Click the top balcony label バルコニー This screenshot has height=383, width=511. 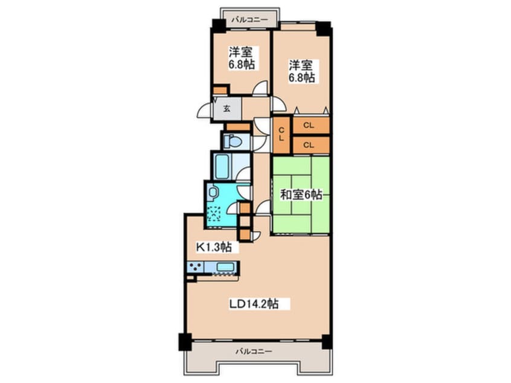click(249, 20)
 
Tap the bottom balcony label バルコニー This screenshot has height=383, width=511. click(254, 352)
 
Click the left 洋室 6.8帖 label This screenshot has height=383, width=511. click(241, 58)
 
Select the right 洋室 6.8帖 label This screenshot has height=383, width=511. click(301, 71)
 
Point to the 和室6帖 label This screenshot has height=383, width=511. click(301, 195)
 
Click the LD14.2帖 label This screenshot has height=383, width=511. click(254, 304)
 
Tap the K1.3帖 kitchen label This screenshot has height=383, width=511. click(214, 247)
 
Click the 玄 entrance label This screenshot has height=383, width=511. click(227, 109)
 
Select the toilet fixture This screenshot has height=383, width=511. click(233, 141)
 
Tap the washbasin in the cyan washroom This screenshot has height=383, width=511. click(213, 191)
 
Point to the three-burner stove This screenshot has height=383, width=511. click(195, 266)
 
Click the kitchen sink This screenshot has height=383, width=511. click(225, 267)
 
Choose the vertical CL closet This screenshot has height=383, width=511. click(281, 135)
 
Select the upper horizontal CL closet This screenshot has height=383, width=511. click(311, 125)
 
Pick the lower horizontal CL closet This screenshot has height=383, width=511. click(311, 145)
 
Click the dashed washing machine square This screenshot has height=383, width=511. click(214, 214)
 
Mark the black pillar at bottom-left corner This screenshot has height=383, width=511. click(185, 341)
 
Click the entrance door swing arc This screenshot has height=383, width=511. click(203, 110)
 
